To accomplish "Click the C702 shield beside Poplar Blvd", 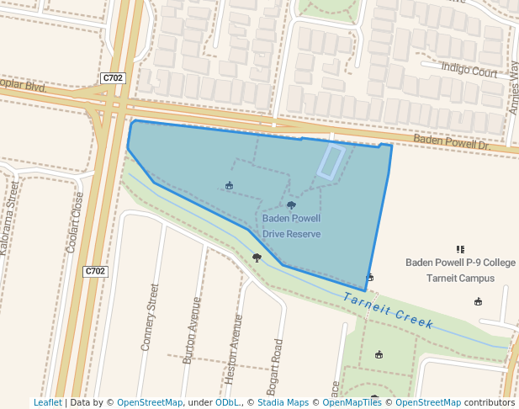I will point(113,78).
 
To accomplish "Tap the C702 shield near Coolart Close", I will point(96,271).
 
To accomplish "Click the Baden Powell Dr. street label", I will point(451,145).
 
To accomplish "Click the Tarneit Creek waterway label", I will point(388,311).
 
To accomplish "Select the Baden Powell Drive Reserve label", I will point(291,226).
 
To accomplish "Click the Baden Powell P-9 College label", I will point(459,263).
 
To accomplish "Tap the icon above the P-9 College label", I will point(460,249).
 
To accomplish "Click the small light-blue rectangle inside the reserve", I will point(330,162).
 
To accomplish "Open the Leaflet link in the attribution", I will point(47,402).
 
